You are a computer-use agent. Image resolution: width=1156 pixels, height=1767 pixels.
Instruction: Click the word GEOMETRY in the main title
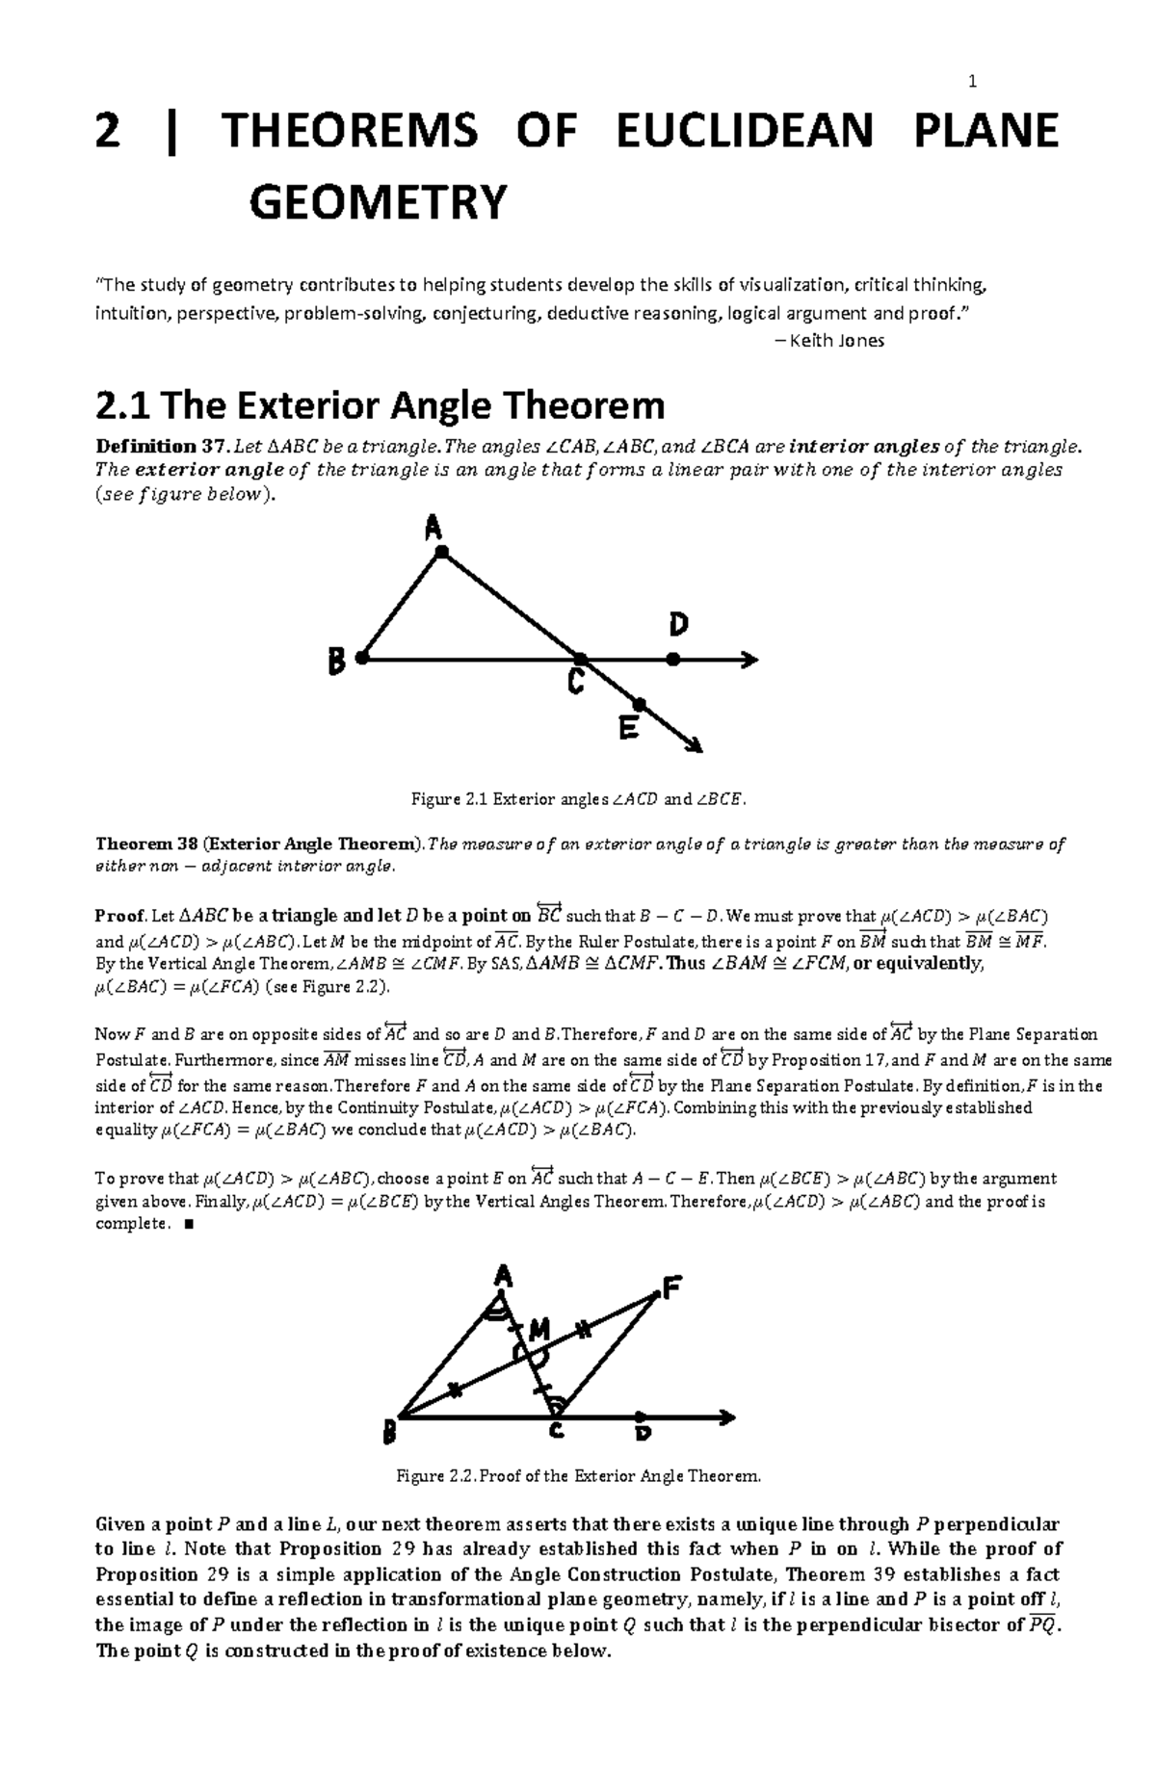[377, 203]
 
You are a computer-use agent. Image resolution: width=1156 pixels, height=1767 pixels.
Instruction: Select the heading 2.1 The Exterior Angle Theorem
[381, 405]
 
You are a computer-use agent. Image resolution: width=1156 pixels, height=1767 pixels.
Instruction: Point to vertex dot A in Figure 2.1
[441, 552]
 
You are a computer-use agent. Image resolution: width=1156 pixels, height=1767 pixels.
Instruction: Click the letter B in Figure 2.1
[335, 662]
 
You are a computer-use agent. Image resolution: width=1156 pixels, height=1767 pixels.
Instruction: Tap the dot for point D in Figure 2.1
[673, 660]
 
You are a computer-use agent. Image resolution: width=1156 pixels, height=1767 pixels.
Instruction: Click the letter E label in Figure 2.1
[628, 730]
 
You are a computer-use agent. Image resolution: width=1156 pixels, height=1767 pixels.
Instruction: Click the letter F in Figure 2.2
[671, 1287]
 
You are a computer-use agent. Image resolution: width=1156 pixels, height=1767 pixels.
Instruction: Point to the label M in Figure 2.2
[538, 1332]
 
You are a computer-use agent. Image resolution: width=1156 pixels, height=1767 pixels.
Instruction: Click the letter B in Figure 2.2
[389, 1435]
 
